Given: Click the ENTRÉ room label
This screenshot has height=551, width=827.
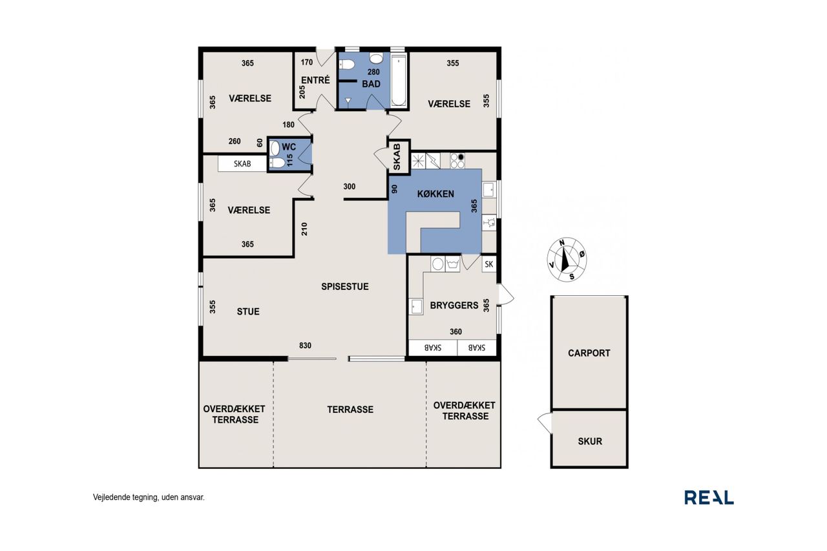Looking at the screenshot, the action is [315, 80].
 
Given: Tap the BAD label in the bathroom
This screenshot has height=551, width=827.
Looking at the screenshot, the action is [371, 84].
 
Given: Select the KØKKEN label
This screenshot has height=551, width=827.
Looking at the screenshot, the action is [435, 194].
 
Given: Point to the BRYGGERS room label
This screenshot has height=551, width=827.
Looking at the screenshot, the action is [454, 306].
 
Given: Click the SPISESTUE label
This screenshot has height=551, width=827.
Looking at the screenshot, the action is [345, 286].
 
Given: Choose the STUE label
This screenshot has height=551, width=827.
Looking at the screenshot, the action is [248, 311].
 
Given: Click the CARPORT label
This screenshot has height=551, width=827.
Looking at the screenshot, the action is [589, 353].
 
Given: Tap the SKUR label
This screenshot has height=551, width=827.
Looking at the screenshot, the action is [590, 441].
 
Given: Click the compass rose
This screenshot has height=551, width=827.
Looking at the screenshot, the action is [567, 260].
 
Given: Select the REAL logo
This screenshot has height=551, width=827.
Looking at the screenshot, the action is [709, 497].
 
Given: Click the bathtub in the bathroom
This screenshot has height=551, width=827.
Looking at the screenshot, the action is [399, 81].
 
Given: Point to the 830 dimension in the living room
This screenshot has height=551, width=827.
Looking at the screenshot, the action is [306, 346].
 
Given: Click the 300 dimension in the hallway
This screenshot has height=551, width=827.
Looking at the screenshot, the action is [350, 187].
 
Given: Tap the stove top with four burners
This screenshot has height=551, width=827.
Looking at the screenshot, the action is [457, 161].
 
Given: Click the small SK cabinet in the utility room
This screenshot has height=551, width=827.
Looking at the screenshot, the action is [489, 264].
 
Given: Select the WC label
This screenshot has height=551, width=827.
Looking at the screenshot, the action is [289, 147].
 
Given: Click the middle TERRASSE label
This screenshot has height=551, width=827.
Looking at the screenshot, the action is [350, 410].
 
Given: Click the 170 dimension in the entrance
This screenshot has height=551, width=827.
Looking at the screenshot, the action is [306, 63].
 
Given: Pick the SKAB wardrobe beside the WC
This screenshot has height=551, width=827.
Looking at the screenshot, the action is [242, 164].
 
